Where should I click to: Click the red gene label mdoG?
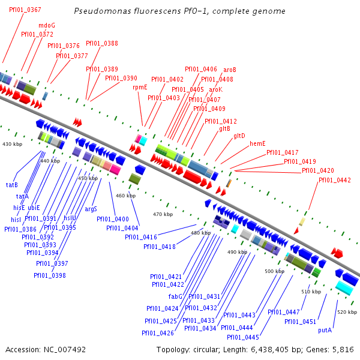[x=46, y=26]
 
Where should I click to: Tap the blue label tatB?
[x=12, y=184]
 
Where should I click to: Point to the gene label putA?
[x=325, y=330]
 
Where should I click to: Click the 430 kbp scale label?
[x=11, y=145]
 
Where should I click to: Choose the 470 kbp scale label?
[x=163, y=214]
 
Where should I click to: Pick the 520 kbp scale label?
[x=346, y=313]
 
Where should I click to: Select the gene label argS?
[x=91, y=209]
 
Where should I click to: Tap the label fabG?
[x=175, y=296]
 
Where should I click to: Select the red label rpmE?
[x=140, y=87]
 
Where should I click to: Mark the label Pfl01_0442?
[x=334, y=180]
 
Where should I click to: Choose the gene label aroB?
[x=230, y=70]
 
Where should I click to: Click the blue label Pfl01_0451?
[x=300, y=322]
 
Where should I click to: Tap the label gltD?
[x=239, y=136]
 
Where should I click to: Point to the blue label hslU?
[x=70, y=218]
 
